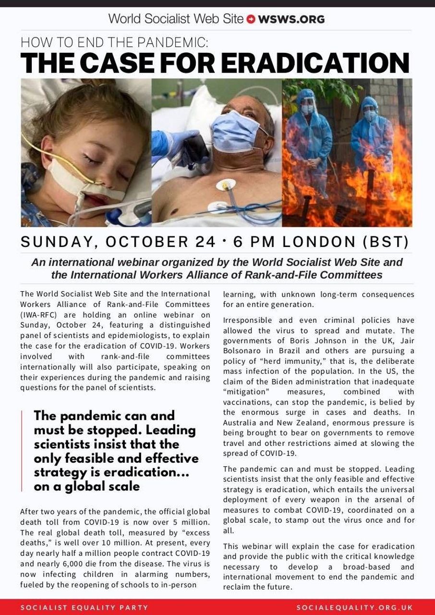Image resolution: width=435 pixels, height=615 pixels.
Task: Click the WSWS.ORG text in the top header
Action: (x=291, y=19)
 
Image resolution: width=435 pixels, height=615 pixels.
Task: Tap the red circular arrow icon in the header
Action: (x=251, y=20)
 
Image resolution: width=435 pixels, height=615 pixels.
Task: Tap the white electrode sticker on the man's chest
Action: (x=224, y=184)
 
